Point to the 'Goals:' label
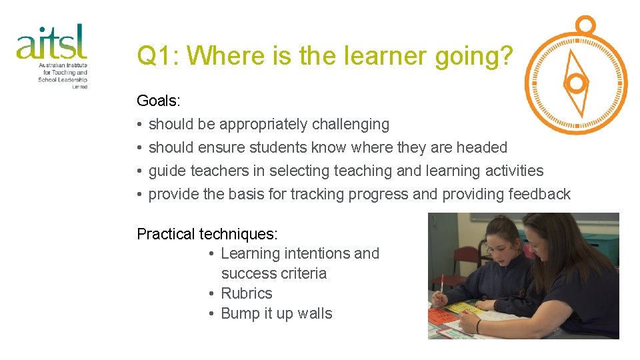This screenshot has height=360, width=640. click(x=159, y=101)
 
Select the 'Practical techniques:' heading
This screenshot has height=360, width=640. click(x=207, y=234)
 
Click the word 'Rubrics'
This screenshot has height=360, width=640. click(x=247, y=293)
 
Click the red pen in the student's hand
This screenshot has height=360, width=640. click(x=441, y=287)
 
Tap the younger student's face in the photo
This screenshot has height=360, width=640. click(x=497, y=249)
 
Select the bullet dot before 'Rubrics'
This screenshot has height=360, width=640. click(x=211, y=293)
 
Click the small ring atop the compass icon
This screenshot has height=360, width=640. click(x=585, y=25)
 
